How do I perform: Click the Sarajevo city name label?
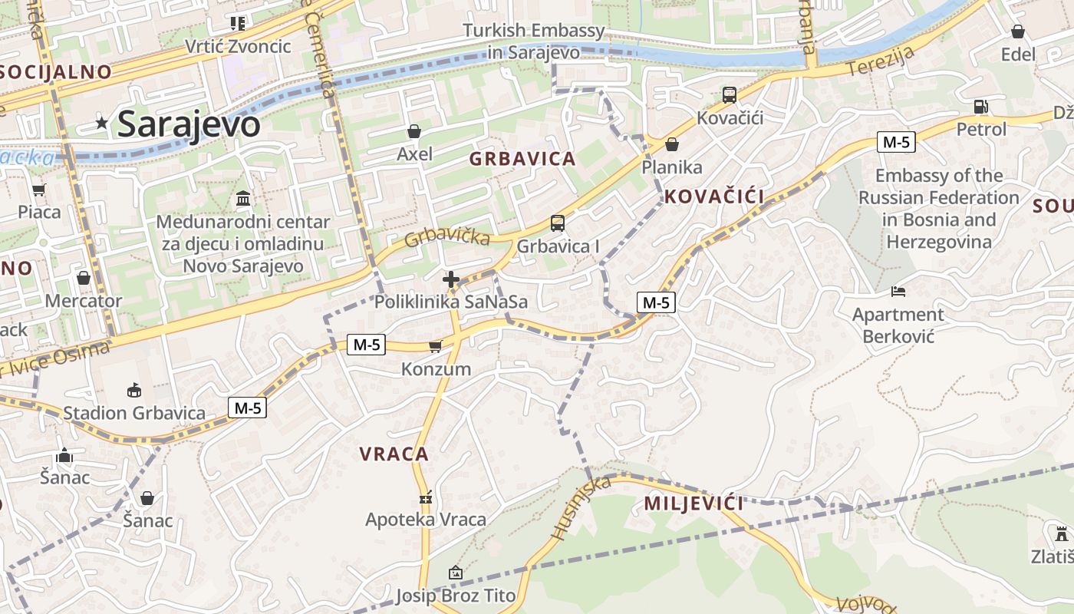189,124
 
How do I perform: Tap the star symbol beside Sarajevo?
101,123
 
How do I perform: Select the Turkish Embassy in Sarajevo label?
534,41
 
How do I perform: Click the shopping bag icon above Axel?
414,131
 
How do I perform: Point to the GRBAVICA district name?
522,159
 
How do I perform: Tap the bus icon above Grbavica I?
558,223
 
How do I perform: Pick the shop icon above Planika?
672,144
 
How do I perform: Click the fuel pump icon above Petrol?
980,107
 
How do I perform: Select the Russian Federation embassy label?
939,209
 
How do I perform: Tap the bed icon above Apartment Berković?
898,292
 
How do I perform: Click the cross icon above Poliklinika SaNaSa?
451,279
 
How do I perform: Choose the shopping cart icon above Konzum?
436,346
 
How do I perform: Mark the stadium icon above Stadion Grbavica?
134,391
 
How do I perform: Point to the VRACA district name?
394,454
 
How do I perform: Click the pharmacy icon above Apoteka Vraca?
426,497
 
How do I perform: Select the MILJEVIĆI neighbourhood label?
693,503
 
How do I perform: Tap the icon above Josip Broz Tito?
456,573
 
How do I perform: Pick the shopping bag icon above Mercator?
83,278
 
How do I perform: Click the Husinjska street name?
581,507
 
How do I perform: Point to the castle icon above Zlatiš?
1062,533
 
